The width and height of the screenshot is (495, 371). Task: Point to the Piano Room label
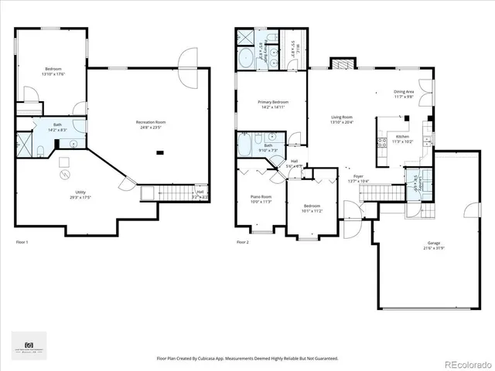pyautogui.click(x=261, y=196)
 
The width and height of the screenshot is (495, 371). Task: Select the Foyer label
pyautogui.click(x=358, y=177)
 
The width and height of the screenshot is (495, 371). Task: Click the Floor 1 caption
pyautogui.click(x=22, y=243)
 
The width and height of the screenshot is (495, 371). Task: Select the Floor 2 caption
pyautogui.click(x=243, y=243)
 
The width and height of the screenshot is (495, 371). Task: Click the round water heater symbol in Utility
pyautogui.click(x=63, y=175)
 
